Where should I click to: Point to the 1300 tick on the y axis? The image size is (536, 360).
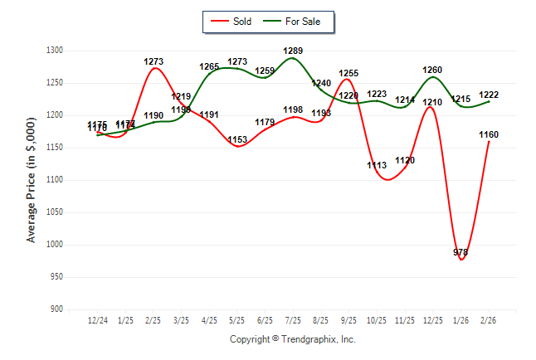point(55,51)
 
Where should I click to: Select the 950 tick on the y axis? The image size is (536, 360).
point(57,277)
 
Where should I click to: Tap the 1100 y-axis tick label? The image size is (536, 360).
point(55,180)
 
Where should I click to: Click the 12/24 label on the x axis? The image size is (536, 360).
point(98,320)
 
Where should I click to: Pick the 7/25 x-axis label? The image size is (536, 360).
point(293,320)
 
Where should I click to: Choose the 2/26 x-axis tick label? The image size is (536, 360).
point(489,320)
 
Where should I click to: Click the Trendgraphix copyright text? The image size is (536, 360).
point(292,339)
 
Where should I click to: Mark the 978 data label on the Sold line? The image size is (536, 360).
point(461,252)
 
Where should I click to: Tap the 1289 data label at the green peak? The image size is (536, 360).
point(293,51)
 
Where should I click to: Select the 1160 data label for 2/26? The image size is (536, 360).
point(489,134)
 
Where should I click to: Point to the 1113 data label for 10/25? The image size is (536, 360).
point(377,166)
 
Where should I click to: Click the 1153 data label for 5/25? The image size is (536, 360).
point(237,139)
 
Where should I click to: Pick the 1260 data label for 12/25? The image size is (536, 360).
point(433,71)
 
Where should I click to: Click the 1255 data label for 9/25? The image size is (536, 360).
point(348,74)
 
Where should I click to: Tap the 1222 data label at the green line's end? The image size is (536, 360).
point(489,95)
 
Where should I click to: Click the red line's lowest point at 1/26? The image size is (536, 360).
point(461,260)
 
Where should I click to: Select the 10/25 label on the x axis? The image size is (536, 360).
point(377,320)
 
